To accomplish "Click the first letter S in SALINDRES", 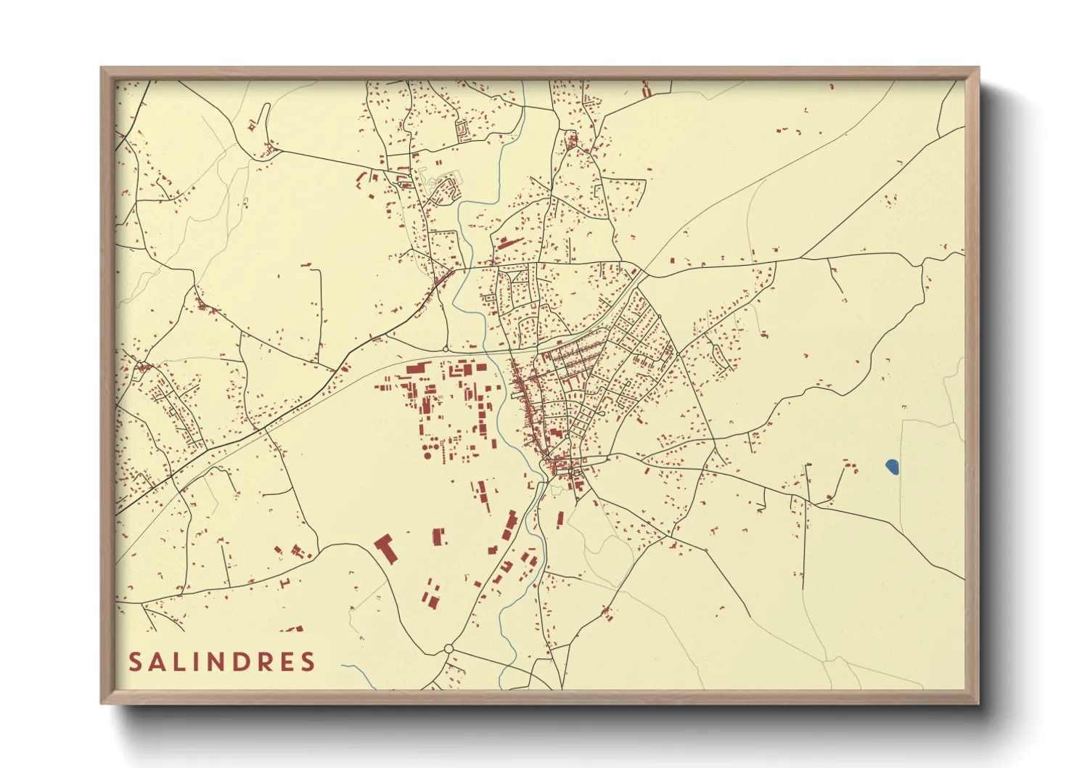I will click(x=136, y=661).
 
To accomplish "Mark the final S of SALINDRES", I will click(x=309, y=661).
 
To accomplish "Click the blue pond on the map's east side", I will click(x=893, y=467).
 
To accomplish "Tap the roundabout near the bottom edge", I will click(x=448, y=648).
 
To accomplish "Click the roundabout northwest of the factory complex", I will click(x=446, y=350).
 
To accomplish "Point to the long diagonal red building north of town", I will click(x=510, y=242).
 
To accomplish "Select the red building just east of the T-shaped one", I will click(x=438, y=537).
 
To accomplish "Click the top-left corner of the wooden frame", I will click(x=102, y=69).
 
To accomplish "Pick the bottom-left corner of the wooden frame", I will click(x=102, y=702).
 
